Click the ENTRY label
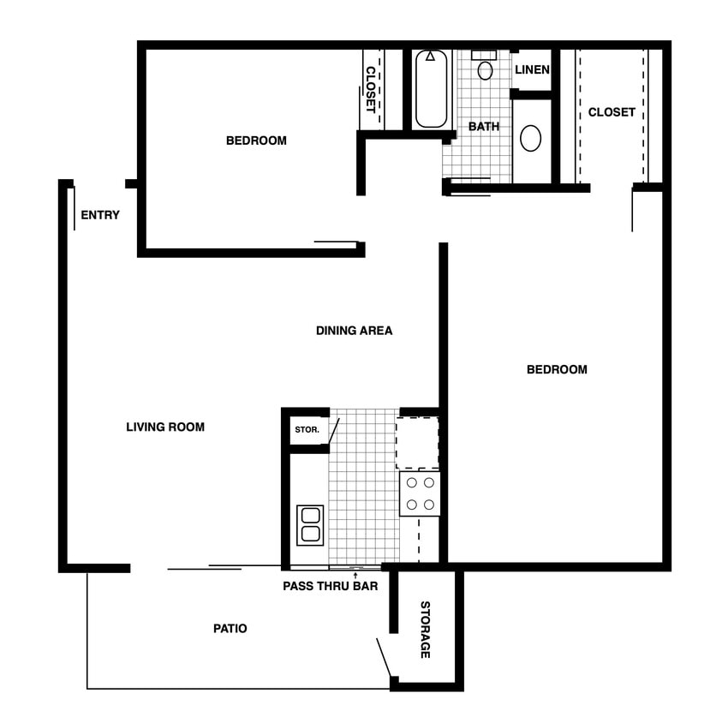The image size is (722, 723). (x=100, y=215)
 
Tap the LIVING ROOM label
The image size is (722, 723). (x=165, y=427)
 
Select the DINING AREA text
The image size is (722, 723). (x=354, y=330)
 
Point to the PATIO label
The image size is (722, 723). (x=230, y=628)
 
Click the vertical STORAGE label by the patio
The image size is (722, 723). (x=425, y=630)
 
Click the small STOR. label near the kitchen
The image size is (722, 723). (x=307, y=429)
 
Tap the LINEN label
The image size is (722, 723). (x=532, y=69)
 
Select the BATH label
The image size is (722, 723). (x=484, y=126)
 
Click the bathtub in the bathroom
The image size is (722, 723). (x=431, y=89)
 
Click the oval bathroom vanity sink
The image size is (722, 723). (x=531, y=138)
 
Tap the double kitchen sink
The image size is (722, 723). (x=310, y=524)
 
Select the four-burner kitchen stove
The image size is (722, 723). (x=420, y=493)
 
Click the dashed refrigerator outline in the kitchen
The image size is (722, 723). (x=417, y=443)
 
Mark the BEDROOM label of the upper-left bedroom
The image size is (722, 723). (x=256, y=140)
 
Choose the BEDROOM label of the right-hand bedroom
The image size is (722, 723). (x=557, y=369)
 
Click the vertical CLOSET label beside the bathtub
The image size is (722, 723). (x=371, y=89)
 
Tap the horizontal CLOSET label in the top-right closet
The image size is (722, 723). (x=612, y=112)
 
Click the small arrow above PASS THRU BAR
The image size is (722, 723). (x=355, y=574)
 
